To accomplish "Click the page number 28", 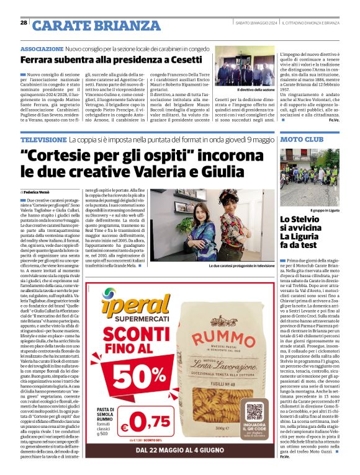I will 24,23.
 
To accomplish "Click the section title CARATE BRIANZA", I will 87,25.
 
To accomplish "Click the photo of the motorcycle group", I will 308,177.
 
